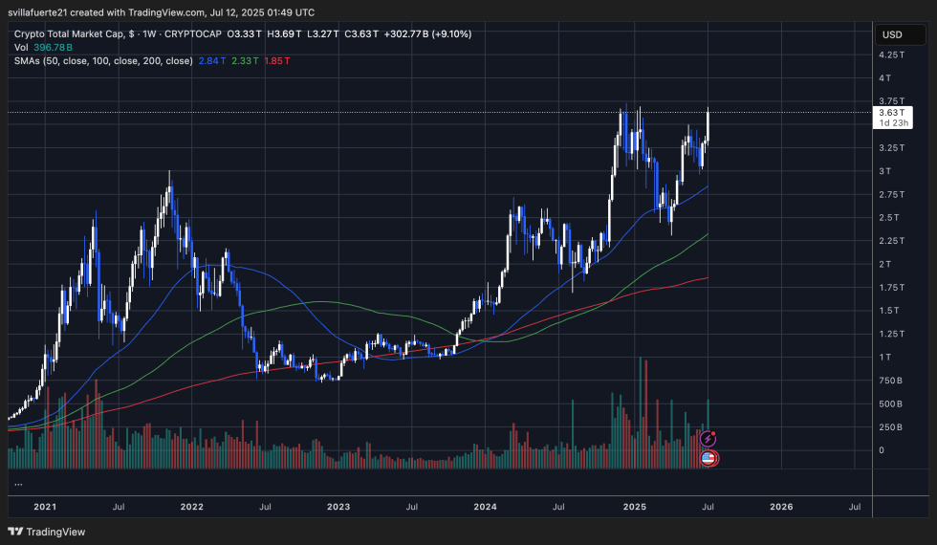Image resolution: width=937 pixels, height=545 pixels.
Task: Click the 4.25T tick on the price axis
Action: tap(890, 54)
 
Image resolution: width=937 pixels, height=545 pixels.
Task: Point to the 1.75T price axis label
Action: tap(890, 287)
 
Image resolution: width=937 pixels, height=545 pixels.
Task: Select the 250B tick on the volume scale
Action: tap(890, 426)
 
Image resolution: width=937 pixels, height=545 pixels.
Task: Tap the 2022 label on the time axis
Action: tap(191, 507)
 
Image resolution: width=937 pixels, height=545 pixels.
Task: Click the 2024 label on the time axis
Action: tap(487, 507)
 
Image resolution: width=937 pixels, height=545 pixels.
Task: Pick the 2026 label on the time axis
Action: tap(781, 507)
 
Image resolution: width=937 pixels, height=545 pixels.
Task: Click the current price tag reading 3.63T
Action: tap(889, 112)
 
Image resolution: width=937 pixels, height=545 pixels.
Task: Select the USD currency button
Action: tap(891, 34)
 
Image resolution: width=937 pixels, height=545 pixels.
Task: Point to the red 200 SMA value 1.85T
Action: tap(277, 60)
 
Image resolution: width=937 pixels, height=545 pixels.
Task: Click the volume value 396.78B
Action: tap(50, 47)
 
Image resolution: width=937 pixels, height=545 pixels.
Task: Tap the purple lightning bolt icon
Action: tap(708, 438)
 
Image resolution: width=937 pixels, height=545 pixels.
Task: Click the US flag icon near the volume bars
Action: tap(708, 459)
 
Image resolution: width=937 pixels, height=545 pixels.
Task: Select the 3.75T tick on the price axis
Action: tap(890, 100)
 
